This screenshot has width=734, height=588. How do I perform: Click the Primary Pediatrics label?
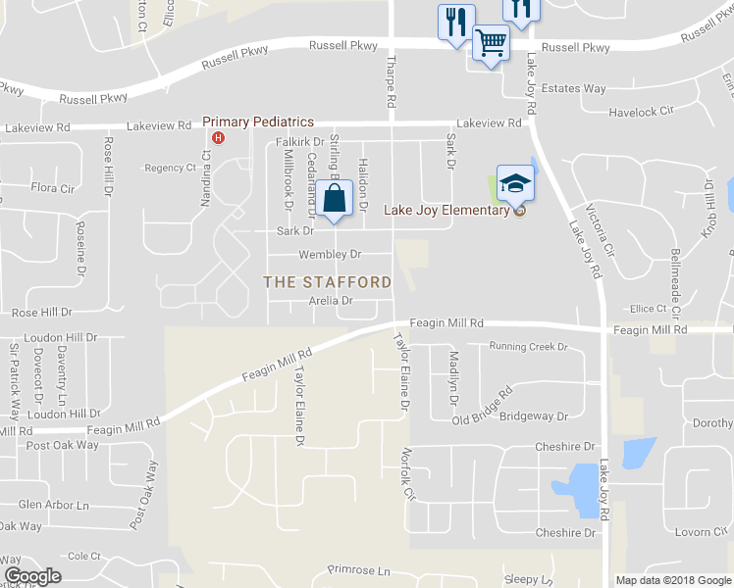pyautogui.click(x=258, y=122)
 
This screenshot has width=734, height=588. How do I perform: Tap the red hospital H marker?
pyautogui.click(x=219, y=137)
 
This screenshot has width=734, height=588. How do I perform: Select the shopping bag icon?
pyautogui.click(x=335, y=197)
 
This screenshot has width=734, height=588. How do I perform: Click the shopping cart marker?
pyautogui.click(x=491, y=42)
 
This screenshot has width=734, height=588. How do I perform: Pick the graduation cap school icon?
pyautogui.click(x=515, y=183)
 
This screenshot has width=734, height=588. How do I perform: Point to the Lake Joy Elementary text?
pyautogui.click(x=446, y=210)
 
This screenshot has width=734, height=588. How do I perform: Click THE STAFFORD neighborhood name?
pyautogui.click(x=328, y=282)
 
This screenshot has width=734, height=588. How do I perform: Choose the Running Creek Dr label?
pyautogui.click(x=529, y=347)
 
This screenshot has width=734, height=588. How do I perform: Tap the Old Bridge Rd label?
pyautogui.click(x=484, y=407)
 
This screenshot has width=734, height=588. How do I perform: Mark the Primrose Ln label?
pyautogui.click(x=358, y=570)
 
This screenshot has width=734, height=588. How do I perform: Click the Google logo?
pyautogui.click(x=32, y=576)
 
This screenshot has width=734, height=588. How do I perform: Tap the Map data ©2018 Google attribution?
pyautogui.click(x=672, y=580)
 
